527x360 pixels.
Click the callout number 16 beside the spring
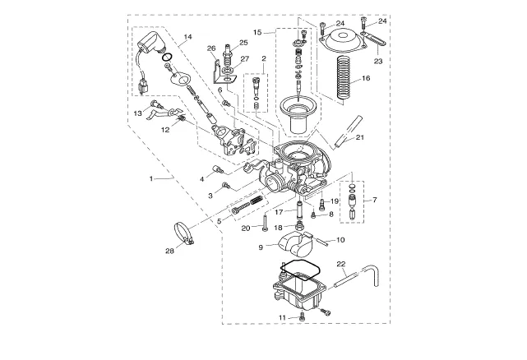366,78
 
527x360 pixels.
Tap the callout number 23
378,62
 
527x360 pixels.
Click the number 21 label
360,137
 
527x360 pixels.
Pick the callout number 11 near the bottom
282,317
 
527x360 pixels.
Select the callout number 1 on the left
151,178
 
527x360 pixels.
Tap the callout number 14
188,37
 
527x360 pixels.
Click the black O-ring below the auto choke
167,58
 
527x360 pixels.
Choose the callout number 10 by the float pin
340,240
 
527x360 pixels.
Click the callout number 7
375,200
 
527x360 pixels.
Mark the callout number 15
257,33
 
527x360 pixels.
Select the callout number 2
264,58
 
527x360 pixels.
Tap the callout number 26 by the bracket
211,48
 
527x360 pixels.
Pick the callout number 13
138,113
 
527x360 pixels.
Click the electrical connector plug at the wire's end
144,88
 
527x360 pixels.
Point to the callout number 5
220,221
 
